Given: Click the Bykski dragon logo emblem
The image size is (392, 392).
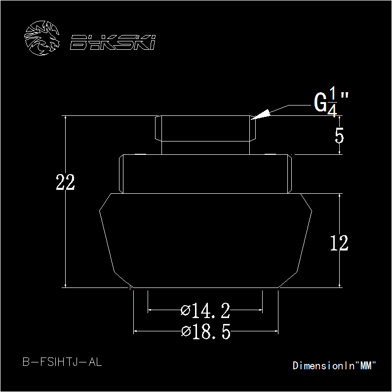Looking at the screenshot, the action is click(42, 38).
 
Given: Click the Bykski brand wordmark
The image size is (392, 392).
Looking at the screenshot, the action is click(113, 42).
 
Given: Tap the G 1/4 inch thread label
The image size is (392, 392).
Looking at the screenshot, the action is click(331, 102).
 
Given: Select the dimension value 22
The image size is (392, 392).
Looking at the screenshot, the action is click(65, 182).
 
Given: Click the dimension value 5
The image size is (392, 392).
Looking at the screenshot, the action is click(339, 136).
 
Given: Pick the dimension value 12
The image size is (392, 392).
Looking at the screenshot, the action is click(339, 243).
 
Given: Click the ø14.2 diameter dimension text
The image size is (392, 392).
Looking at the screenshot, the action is click(205, 311).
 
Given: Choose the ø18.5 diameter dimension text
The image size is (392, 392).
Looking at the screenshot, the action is click(206, 331).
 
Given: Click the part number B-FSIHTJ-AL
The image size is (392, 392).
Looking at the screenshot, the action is click(62, 362).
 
